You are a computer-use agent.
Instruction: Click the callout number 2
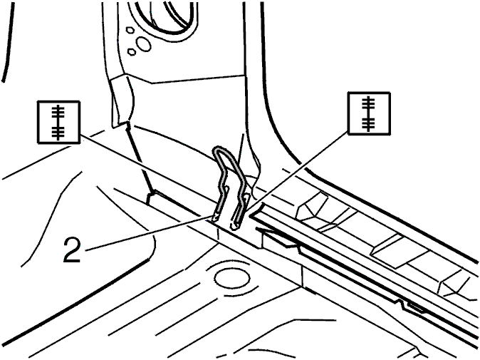[x=72, y=250]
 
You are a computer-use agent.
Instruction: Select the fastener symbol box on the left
[x=59, y=122]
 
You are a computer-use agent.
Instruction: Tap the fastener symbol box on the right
[x=370, y=113]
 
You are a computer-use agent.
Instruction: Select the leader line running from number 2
[x=149, y=234]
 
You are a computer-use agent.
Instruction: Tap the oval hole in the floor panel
[x=232, y=279]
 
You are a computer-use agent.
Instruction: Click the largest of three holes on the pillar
[x=143, y=43]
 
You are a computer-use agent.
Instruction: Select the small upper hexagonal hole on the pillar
[x=130, y=30]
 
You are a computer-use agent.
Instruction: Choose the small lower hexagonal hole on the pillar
[x=132, y=52]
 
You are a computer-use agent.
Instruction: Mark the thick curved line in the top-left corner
[x=10, y=41]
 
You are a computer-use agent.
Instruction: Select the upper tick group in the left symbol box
[x=58, y=111]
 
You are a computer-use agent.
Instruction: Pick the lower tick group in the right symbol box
[x=369, y=123]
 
